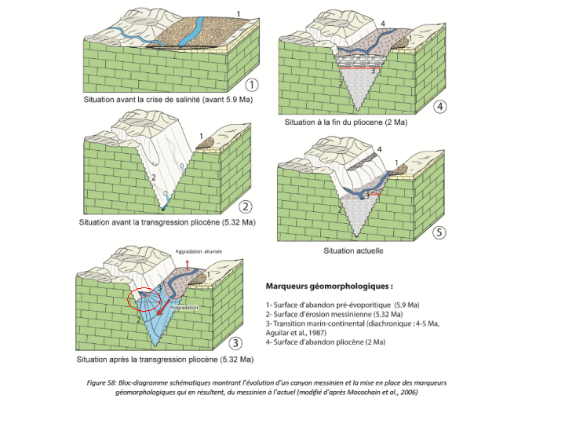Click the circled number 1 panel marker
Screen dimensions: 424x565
[x=252, y=85]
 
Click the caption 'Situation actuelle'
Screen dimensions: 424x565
[x=353, y=251]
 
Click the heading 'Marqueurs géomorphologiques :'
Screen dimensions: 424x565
[x=330, y=287]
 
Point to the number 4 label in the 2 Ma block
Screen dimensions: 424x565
[x=382, y=24]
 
